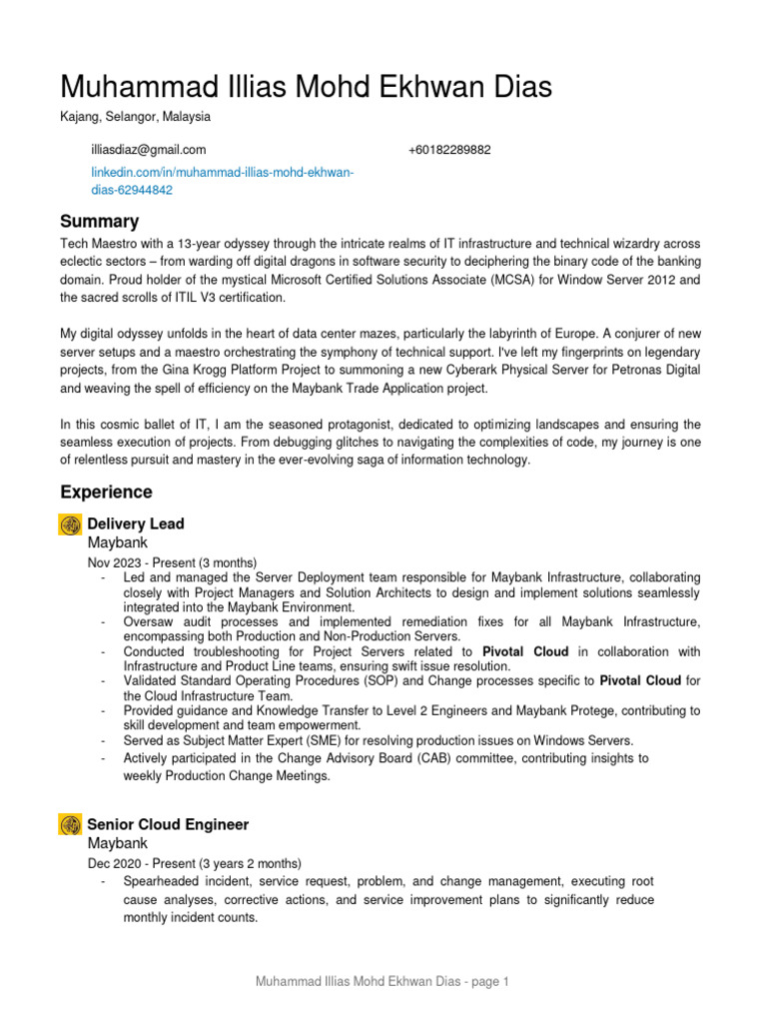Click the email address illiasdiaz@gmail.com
click(x=148, y=150)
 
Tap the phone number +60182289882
click(x=449, y=150)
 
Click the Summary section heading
click(x=99, y=221)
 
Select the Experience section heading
click(x=106, y=492)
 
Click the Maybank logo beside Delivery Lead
click(x=70, y=524)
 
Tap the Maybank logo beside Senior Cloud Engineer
click(x=70, y=825)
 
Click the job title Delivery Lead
click(x=136, y=523)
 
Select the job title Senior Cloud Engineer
click(x=168, y=824)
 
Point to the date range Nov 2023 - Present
click(x=145, y=562)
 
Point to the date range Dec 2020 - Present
click(x=145, y=863)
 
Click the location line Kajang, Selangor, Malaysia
click(x=135, y=116)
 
